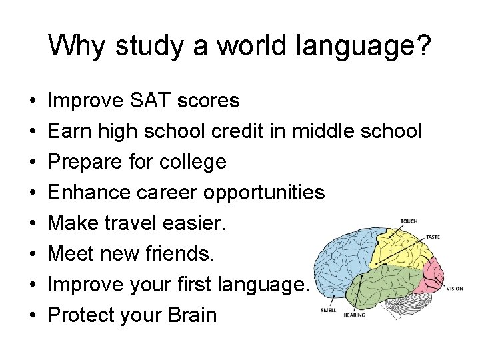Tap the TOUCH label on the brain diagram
coord(409,222)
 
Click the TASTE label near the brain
coord(431,237)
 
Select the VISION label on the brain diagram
coord(455,289)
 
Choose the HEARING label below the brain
coord(354,315)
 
